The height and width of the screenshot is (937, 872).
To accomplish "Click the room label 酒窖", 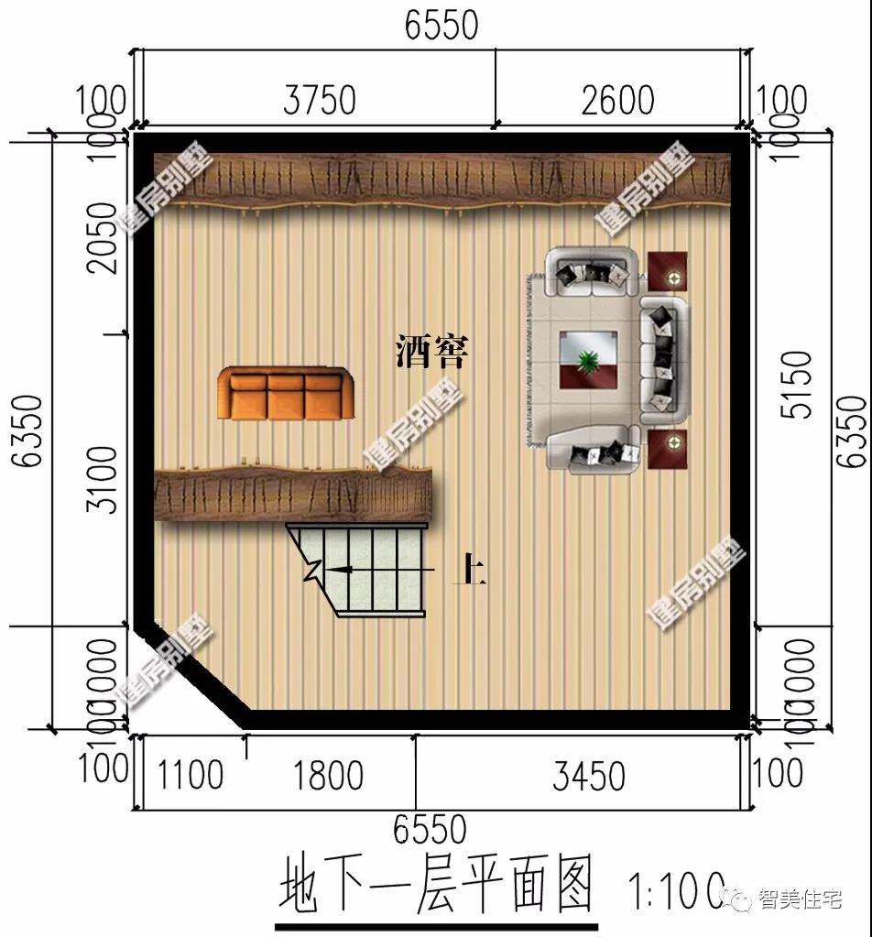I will coord(431,351).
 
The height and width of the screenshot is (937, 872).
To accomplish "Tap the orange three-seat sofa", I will coord(285,393).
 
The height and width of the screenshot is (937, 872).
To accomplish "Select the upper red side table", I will coord(668,271).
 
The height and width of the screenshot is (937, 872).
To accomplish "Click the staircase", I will coord(366,568).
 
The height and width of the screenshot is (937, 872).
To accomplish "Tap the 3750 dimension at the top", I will coord(319,100).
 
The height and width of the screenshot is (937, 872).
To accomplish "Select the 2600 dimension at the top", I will coord(617,100).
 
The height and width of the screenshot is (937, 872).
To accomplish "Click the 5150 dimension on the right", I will coord(799,384).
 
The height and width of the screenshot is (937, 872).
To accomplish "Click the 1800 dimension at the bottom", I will coord(329,776).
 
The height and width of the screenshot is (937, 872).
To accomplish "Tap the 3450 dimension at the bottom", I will coord(588,776).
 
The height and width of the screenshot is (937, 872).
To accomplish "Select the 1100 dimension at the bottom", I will coord(190,776).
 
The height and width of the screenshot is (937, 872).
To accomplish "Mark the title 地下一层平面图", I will coord(436,884).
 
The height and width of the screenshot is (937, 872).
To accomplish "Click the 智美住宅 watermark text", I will coord(799,901).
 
